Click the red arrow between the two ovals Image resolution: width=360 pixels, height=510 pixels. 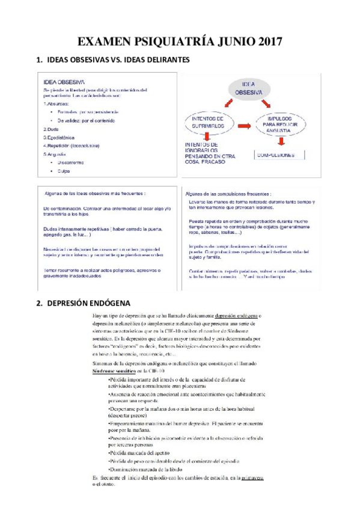pyautogui.click(x=245, y=125)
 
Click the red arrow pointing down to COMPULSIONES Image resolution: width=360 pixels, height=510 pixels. pyautogui.click(x=281, y=142)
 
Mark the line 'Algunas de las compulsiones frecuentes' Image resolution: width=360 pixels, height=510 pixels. pyautogui.click(x=228, y=194)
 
